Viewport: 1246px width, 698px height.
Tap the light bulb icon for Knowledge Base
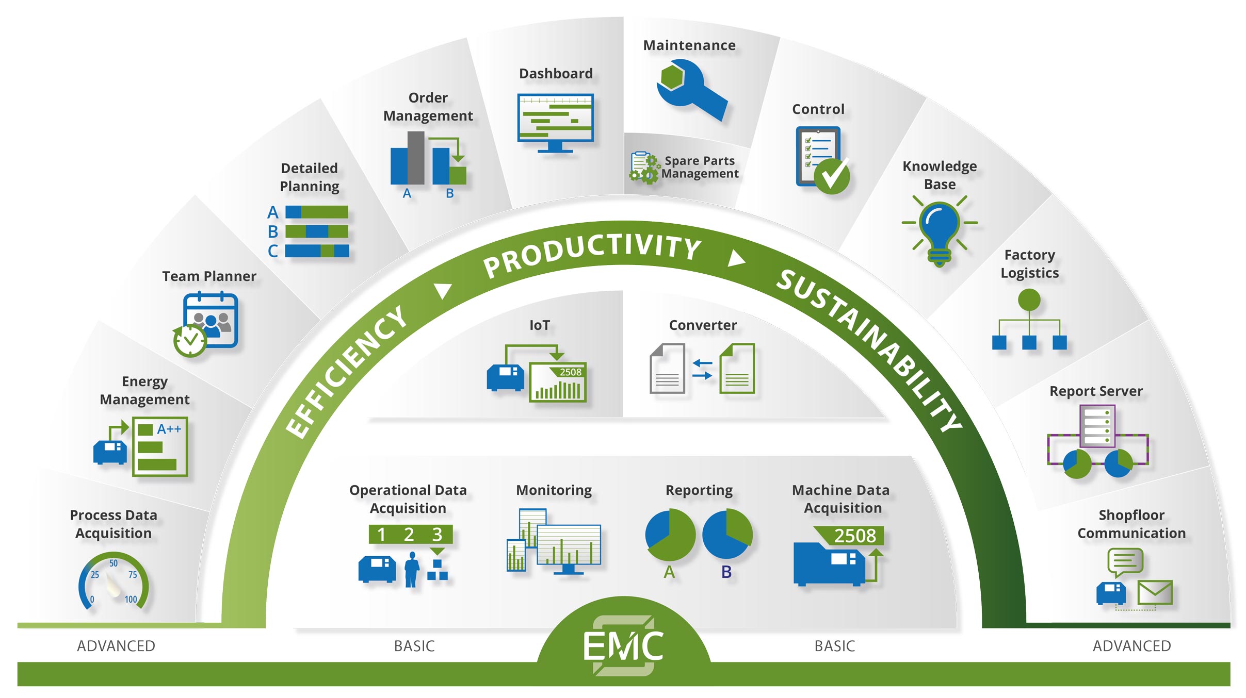click(x=940, y=230)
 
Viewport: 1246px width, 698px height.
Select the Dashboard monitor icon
click(x=556, y=122)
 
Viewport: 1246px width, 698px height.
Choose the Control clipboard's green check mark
click(x=832, y=176)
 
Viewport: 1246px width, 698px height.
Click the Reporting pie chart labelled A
click(x=670, y=535)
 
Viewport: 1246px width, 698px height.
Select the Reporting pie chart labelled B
click(x=727, y=534)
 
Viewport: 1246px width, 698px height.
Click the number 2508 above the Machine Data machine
click(x=854, y=536)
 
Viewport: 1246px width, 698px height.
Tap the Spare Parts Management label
click(x=700, y=167)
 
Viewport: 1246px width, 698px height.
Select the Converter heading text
click(x=703, y=325)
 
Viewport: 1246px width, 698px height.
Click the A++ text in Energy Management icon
click(x=169, y=429)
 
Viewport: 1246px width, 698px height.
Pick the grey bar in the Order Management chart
click(x=416, y=157)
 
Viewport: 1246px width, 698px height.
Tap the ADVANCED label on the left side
click(x=116, y=646)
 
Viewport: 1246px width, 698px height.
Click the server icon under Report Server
click(x=1097, y=426)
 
